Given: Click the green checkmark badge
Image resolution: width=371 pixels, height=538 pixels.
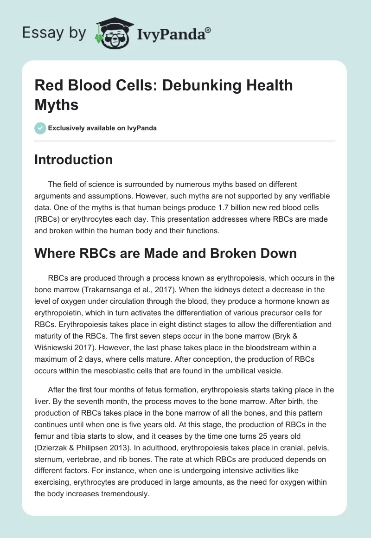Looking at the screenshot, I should [x=40, y=128].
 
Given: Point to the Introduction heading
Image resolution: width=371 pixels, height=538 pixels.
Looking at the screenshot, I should [x=74, y=160].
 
